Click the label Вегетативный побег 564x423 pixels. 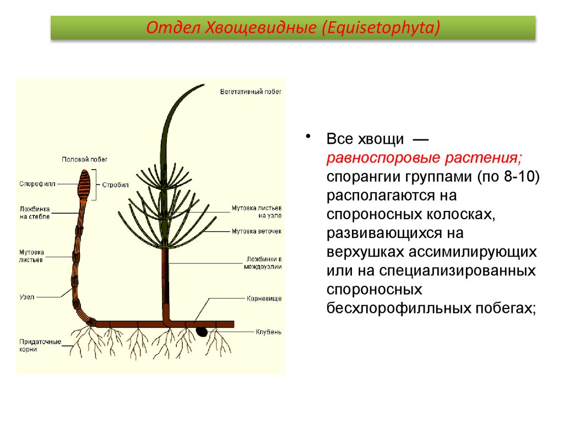point(250,92)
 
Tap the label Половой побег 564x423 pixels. point(85,159)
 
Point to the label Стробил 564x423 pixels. point(115,185)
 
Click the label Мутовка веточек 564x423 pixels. point(256,231)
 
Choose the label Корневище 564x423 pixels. point(263,299)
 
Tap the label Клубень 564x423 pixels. point(268,332)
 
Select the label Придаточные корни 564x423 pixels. point(40,345)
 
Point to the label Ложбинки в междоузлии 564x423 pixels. point(263,262)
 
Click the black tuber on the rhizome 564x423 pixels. point(202,332)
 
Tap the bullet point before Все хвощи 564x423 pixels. point(309,137)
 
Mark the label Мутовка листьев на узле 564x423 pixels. point(256,211)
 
